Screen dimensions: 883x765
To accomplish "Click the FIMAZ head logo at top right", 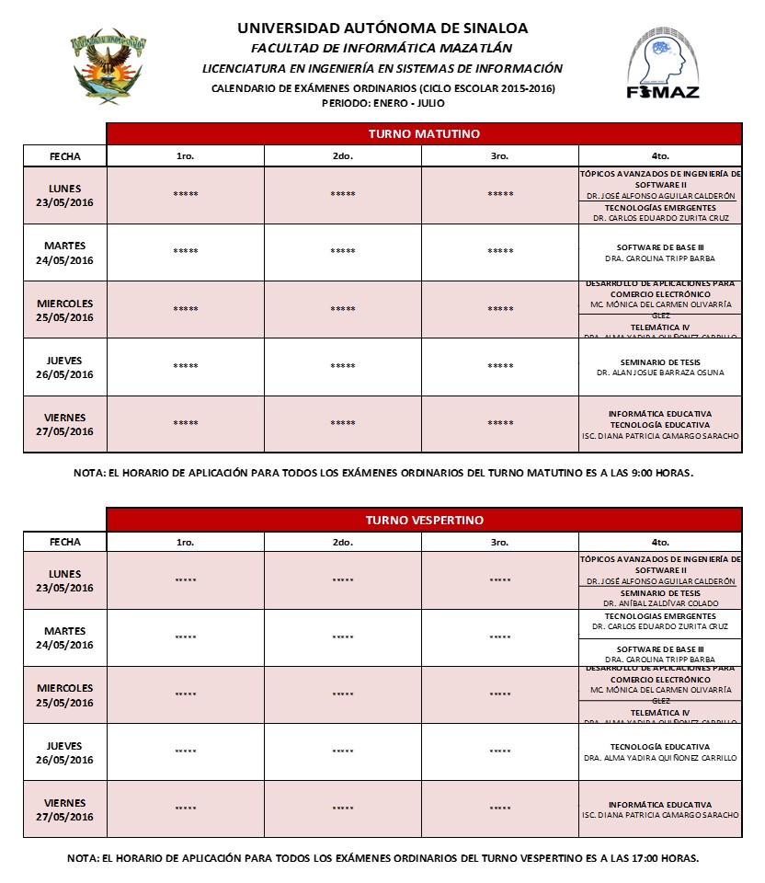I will pos(662,62).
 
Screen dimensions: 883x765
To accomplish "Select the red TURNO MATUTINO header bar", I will pos(424,133).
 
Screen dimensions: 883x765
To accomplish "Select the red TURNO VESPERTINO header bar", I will pos(424,520).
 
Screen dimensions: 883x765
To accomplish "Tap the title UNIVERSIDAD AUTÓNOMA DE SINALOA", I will pos(382,29).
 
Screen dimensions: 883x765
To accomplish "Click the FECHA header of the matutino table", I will pos(64,156).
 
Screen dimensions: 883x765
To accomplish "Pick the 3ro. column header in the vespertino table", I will pos(500,543).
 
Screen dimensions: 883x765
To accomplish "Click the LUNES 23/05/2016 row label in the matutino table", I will pos(64,195).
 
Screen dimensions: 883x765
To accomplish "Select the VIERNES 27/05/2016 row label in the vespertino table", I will pos(64,809).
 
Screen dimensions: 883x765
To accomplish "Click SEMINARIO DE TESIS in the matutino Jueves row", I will pos(659,361).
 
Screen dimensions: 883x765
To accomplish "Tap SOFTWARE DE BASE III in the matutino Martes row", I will pos(659,247).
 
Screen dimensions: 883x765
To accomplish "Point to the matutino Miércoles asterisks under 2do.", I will pos(343,309).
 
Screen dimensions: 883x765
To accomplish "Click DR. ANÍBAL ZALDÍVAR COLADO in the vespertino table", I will pos(659,603).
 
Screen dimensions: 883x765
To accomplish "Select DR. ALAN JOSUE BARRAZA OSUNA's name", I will pos(659,373).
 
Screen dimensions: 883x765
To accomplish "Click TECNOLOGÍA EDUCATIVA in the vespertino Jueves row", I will pos(659,747).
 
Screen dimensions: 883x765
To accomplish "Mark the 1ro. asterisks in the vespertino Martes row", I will pos(186,637).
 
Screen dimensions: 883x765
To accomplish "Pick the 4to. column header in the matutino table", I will pos(659,156).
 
